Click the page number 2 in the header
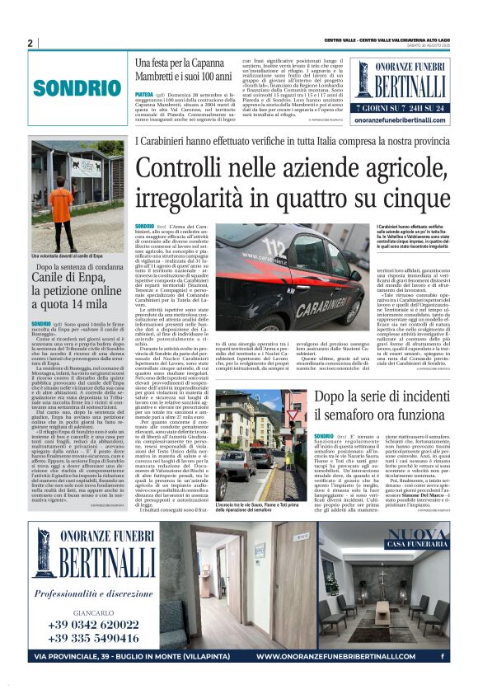[30, 43]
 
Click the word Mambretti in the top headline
[157, 75]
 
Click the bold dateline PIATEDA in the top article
[143, 95]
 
